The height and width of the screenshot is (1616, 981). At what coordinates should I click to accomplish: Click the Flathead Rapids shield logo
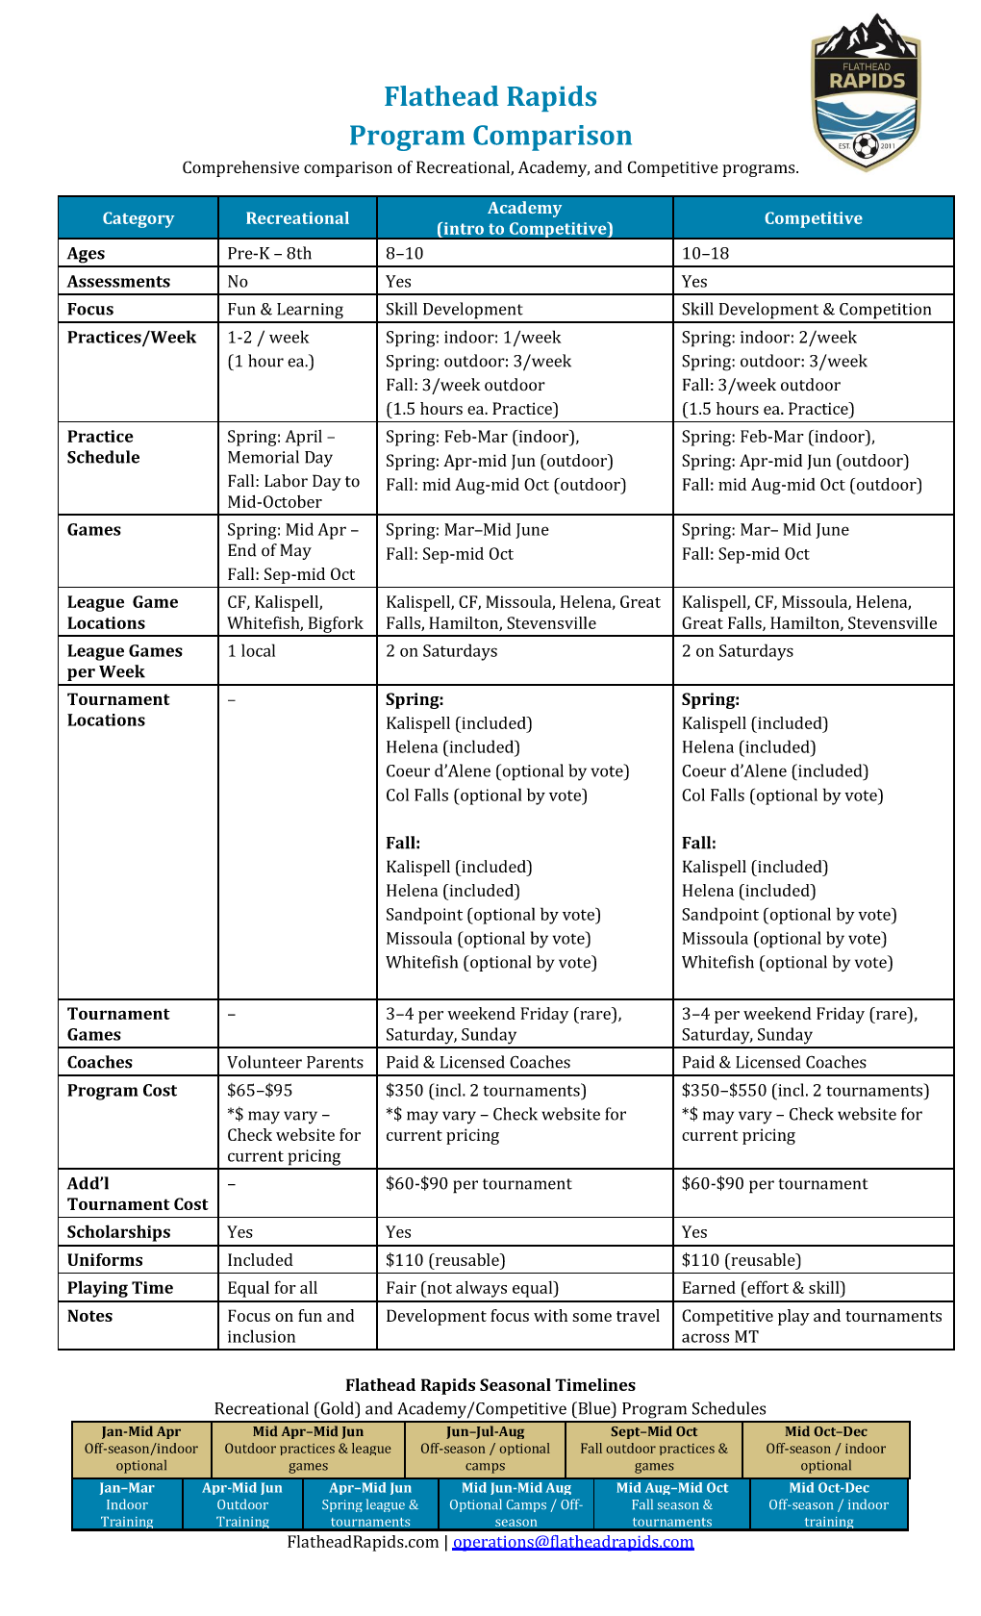coord(866,93)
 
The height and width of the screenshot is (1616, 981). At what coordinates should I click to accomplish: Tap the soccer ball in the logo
coord(866,146)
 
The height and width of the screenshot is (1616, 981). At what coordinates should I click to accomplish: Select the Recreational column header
coord(297,218)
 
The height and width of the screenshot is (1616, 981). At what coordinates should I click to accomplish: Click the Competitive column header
coord(813,218)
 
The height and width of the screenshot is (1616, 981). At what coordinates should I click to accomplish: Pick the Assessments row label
coord(118,282)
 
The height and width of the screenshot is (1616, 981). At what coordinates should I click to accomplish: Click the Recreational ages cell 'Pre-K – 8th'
coord(269,254)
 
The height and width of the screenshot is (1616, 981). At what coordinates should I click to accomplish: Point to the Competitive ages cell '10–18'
coord(705,254)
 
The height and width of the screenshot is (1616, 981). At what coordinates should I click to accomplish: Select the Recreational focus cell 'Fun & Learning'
coord(285,310)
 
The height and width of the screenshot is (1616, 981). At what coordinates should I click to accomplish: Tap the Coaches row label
coord(100,1063)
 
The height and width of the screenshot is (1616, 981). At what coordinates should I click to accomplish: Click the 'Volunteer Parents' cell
coord(295,1063)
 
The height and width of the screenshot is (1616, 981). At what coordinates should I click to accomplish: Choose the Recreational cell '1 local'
coord(251,651)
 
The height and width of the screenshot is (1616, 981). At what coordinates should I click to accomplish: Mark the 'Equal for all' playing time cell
coord(272,1288)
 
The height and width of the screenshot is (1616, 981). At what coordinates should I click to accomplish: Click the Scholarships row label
coord(118,1232)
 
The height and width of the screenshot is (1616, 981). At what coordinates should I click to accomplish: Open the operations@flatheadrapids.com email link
coord(573,1542)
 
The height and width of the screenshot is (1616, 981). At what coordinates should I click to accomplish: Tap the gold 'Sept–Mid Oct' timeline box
coord(654,1449)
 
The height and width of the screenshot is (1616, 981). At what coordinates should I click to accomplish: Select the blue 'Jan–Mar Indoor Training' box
coord(127,1504)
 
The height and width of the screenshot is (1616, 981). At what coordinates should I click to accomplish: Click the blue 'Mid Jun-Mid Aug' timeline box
coord(516,1504)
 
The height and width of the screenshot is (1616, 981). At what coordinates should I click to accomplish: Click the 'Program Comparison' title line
coord(490,136)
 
